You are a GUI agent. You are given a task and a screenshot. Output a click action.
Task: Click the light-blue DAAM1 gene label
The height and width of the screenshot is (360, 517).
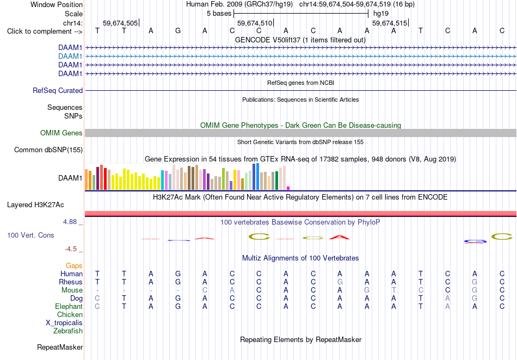point(70,57)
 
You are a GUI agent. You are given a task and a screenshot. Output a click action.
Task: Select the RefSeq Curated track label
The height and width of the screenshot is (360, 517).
point(58,91)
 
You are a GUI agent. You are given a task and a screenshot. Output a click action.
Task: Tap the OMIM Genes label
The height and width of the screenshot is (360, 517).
point(61,133)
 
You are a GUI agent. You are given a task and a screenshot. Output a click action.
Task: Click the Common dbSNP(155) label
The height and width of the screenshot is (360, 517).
point(48,150)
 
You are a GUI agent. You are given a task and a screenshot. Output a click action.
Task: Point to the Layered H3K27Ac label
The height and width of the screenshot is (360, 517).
point(35,205)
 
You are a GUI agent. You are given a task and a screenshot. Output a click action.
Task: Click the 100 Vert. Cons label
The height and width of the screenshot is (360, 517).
point(30,235)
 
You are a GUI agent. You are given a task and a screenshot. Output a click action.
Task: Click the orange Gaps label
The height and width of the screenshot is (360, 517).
point(74,265)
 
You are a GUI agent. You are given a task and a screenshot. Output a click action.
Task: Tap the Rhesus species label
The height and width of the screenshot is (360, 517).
point(71,282)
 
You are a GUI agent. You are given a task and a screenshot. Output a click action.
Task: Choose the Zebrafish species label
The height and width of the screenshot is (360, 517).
point(68,331)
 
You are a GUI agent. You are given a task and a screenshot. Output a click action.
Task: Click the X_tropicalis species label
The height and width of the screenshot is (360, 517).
point(64,323)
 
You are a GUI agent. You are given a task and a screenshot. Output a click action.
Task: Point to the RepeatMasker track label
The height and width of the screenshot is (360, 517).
point(60,347)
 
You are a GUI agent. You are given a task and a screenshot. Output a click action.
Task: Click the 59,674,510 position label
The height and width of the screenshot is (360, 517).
point(255,23)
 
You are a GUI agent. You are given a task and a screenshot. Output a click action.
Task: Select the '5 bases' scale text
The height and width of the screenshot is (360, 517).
point(219,14)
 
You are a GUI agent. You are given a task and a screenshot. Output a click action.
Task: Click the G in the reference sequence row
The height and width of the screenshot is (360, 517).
point(178,30)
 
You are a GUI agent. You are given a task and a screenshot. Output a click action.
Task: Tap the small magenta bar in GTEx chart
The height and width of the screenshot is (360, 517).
point(288,188)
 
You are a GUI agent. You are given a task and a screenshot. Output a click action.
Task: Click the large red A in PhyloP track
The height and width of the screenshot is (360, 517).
point(340,237)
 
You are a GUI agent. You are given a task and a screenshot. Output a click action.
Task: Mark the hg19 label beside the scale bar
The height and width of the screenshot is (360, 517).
point(381,14)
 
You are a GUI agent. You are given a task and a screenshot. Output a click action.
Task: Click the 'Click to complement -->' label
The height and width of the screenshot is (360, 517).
point(45,32)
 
